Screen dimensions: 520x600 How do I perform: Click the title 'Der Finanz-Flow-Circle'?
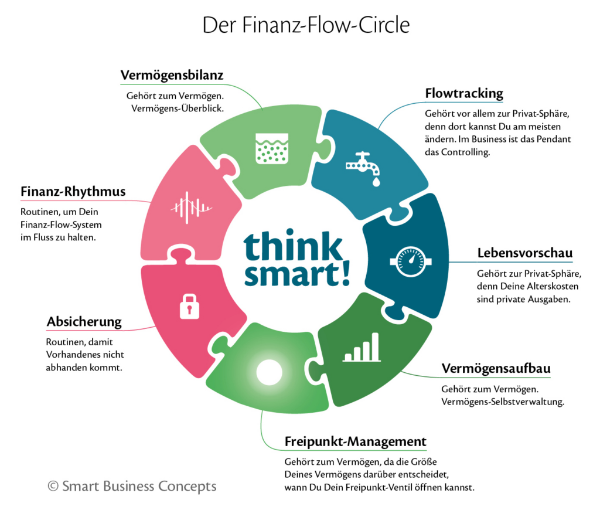(x=305, y=25)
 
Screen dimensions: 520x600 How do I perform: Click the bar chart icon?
(x=362, y=347)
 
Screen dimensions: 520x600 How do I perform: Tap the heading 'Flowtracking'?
(x=463, y=94)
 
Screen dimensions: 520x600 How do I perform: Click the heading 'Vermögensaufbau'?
(x=496, y=369)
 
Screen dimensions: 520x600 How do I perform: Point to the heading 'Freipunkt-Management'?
(x=356, y=441)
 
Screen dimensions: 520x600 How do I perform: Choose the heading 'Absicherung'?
(x=84, y=322)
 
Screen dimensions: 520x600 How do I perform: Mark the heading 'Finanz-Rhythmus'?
(x=73, y=192)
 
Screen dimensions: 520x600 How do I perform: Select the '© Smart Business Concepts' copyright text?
(x=132, y=486)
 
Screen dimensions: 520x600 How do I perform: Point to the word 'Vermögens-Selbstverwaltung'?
(x=502, y=402)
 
